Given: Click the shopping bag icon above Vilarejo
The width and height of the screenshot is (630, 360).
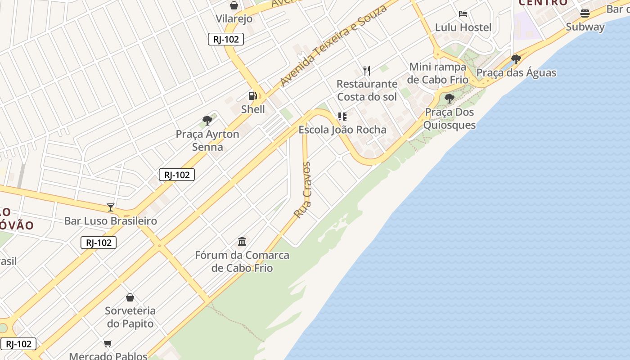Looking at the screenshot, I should click(234, 5).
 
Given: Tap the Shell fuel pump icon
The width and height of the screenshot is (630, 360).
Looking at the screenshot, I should click(252, 96).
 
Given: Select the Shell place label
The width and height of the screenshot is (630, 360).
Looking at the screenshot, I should click(253, 109).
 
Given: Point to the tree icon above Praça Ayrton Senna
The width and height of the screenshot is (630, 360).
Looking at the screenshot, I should click(207, 120).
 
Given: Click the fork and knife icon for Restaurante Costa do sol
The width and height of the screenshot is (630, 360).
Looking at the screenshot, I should click(367, 70).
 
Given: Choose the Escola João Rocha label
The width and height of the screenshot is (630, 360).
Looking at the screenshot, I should click(342, 130).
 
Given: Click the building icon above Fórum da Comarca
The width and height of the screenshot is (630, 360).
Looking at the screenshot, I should click(242, 241).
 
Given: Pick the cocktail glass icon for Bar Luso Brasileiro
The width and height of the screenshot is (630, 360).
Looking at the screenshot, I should click(110, 207).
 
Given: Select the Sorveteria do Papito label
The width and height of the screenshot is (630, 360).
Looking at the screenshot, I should click(130, 317).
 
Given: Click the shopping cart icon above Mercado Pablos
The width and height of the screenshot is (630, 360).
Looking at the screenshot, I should click(108, 344).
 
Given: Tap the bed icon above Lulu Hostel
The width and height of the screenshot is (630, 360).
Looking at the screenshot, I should click(463, 14).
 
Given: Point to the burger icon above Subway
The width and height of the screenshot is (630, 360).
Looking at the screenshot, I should click(585, 13).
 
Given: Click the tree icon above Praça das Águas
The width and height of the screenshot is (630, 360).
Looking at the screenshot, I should click(516, 59).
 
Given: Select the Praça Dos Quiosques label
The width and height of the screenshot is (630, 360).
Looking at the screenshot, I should click(450, 118).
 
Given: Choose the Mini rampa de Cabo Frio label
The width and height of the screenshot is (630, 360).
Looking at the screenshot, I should click(438, 73).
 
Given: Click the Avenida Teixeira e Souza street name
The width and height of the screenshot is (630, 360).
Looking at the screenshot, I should click(333, 46).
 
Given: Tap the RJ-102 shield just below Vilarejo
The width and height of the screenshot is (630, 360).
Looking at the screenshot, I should click(226, 39).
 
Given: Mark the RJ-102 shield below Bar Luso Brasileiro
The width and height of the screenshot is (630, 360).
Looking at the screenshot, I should click(99, 243).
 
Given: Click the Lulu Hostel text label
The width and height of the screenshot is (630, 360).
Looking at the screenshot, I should click(463, 27).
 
